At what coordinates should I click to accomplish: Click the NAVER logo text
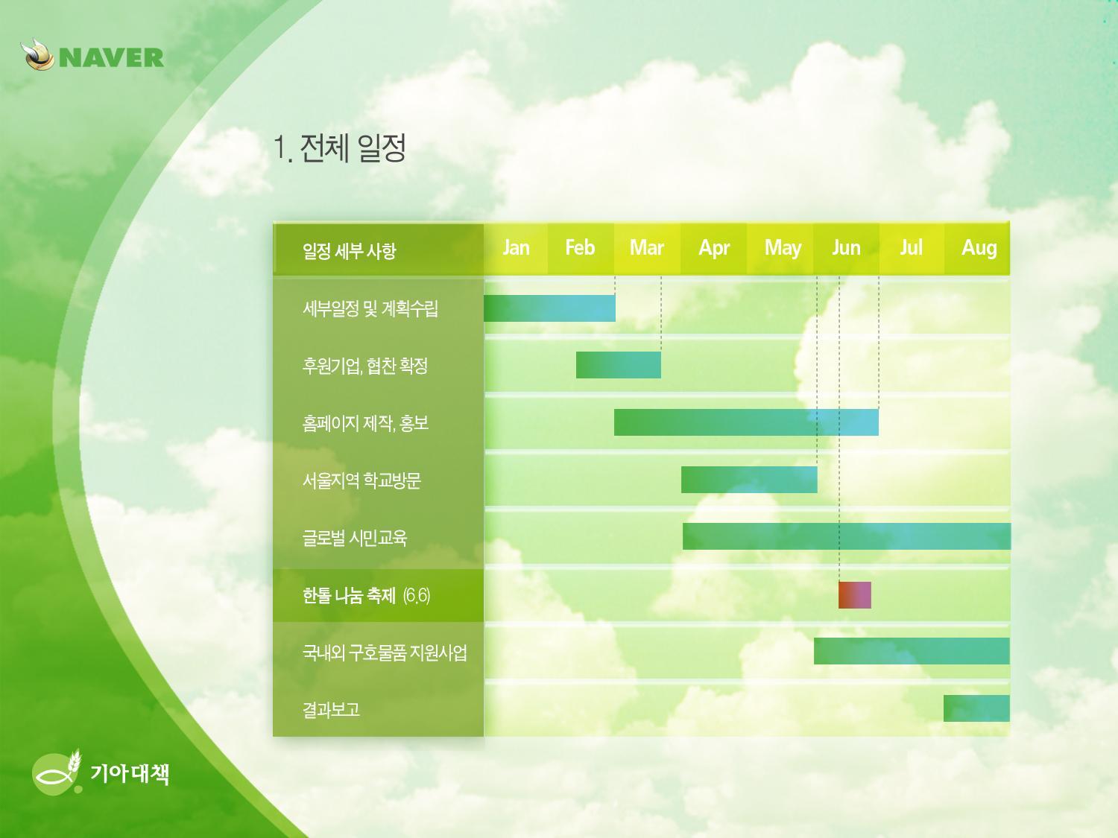click(x=112, y=57)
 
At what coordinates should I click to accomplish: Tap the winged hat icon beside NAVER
click(x=37, y=55)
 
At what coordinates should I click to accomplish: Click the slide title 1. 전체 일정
click(x=339, y=148)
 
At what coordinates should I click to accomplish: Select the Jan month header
click(x=516, y=248)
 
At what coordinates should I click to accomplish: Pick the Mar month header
click(x=647, y=248)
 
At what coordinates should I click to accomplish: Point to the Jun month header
click(x=846, y=248)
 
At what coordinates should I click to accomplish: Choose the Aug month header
click(x=979, y=248)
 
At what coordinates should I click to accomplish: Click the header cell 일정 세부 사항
click(x=349, y=251)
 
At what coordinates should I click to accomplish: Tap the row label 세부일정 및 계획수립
click(x=370, y=308)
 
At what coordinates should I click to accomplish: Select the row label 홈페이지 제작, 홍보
click(x=365, y=423)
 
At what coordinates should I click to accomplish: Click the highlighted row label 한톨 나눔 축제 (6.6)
click(x=366, y=594)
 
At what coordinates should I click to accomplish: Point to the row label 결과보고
click(x=331, y=709)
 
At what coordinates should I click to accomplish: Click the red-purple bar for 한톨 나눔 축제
click(x=855, y=594)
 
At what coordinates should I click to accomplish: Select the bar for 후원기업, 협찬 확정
click(x=619, y=365)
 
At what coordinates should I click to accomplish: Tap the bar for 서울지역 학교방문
click(x=749, y=480)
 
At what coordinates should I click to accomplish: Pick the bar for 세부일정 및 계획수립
click(x=549, y=308)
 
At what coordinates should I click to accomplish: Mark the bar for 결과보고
click(x=976, y=708)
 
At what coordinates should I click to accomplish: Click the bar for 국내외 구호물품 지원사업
click(x=912, y=651)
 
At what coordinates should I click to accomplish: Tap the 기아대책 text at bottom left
click(x=130, y=774)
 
